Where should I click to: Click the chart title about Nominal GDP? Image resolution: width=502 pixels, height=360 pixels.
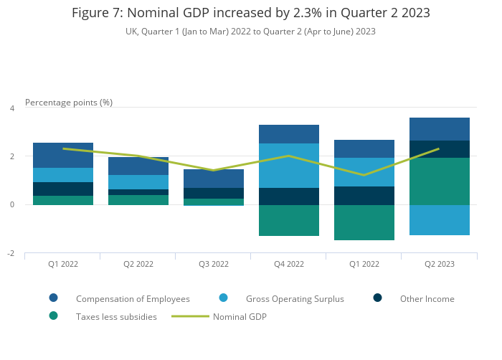[251, 13]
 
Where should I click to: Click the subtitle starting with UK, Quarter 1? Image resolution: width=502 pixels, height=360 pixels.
[251, 32]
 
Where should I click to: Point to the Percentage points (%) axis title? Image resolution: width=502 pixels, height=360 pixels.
[69, 103]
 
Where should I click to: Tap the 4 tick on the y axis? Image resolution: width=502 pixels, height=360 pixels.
[11, 108]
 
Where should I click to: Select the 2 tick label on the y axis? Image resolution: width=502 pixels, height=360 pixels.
[11, 156]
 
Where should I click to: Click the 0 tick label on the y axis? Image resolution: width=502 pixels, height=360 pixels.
[11, 205]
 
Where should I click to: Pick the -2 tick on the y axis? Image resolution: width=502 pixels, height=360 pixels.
[10, 254]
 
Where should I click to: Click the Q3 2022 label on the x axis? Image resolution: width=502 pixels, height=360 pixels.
[214, 264]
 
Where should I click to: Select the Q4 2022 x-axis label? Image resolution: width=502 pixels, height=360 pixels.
[289, 264]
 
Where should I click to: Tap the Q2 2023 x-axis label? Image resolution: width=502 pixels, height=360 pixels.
[440, 264]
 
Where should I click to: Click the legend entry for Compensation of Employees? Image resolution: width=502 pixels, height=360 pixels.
[133, 299]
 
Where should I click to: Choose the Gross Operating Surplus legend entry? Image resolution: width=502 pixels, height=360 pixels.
[295, 299]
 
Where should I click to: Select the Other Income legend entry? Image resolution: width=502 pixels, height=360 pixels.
[427, 299]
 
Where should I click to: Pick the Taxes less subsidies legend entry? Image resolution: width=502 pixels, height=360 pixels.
[116, 316]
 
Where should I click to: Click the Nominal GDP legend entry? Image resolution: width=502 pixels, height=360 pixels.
[240, 316]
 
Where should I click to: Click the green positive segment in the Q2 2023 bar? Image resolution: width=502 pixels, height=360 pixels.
[440, 181]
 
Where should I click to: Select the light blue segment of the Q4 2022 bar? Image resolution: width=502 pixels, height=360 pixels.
[289, 166]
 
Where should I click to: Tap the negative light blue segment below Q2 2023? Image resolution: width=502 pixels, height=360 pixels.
[440, 220]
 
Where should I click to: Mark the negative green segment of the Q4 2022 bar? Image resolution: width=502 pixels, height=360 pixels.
[289, 220]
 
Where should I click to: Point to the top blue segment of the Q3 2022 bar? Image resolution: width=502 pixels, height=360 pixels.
[214, 179]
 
